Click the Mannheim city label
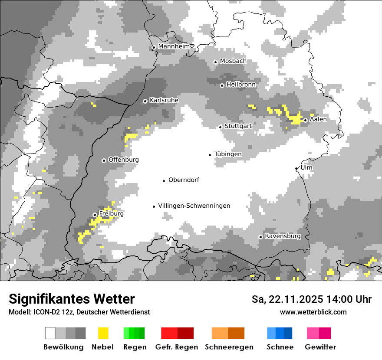(x=174, y=46)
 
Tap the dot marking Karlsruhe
(x=145, y=101)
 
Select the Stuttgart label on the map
(x=238, y=126)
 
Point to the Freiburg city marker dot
(x=95, y=215)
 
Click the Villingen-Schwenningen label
(x=194, y=206)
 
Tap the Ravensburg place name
(x=283, y=236)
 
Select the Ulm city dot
(x=296, y=168)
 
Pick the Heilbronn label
(x=241, y=85)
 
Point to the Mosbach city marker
(x=215, y=62)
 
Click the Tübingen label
(x=228, y=154)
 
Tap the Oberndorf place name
(x=184, y=180)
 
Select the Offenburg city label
(x=124, y=160)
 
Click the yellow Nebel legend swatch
(x=103, y=333)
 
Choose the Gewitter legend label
(x=320, y=347)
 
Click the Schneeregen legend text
(x=229, y=347)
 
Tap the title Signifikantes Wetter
(x=72, y=299)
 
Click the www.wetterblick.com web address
(x=313, y=312)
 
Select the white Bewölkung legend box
(x=50, y=333)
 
